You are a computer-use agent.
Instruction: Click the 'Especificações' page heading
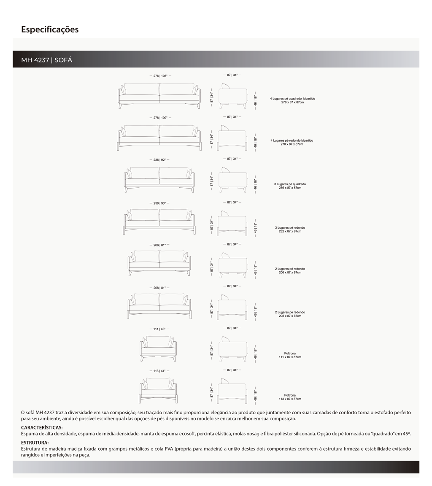(x=50, y=30)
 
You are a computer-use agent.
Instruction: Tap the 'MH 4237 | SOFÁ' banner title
(x=47, y=60)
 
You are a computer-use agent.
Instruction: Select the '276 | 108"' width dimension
(x=160, y=76)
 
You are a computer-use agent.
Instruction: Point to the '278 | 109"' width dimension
(x=160, y=118)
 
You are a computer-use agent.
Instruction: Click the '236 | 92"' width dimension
(x=159, y=160)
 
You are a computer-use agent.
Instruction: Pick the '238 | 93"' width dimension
(x=159, y=203)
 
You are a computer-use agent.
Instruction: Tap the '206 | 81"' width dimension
(x=159, y=245)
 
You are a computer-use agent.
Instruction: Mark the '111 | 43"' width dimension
(x=159, y=329)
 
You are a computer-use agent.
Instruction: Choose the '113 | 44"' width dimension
(x=159, y=371)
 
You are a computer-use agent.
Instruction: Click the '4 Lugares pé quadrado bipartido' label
(x=292, y=99)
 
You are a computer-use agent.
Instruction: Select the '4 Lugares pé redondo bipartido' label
(x=292, y=140)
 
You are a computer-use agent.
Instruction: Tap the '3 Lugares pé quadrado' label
(x=290, y=184)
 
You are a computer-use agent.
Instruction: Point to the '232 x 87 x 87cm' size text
(x=290, y=231)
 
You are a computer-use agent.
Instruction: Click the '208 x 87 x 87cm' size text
(x=290, y=316)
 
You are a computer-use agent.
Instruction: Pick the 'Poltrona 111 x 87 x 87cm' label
(x=290, y=355)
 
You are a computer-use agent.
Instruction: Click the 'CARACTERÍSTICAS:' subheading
(x=42, y=427)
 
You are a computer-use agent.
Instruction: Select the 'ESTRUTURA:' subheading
(x=35, y=443)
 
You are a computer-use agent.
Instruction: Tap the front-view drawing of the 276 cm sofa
(x=159, y=96)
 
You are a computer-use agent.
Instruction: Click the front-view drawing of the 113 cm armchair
(x=158, y=391)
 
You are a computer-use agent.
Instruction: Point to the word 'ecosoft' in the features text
(x=183, y=434)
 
